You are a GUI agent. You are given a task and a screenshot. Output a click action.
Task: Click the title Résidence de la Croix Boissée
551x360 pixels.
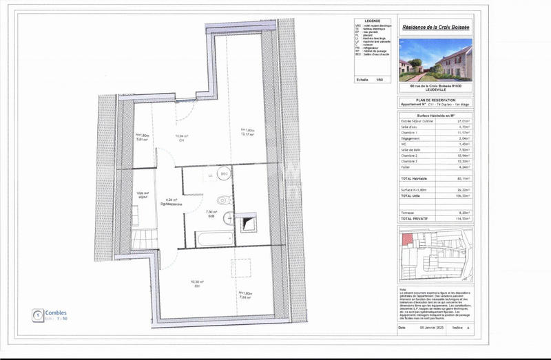(435, 28)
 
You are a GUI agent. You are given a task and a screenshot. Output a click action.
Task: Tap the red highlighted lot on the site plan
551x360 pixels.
(406, 240)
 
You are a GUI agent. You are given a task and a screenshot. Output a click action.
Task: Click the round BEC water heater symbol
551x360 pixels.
(224, 175)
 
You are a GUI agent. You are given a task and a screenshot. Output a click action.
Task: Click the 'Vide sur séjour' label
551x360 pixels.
(143, 195)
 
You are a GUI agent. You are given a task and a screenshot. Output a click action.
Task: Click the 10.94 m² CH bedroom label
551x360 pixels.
(182, 138)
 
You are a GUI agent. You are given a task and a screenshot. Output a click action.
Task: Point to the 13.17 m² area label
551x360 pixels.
(248, 133)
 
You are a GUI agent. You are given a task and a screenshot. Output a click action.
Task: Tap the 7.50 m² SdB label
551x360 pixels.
(211, 214)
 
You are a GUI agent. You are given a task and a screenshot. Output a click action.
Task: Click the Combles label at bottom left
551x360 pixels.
(56, 313)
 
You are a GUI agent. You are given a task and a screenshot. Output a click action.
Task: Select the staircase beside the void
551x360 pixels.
(143, 239)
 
